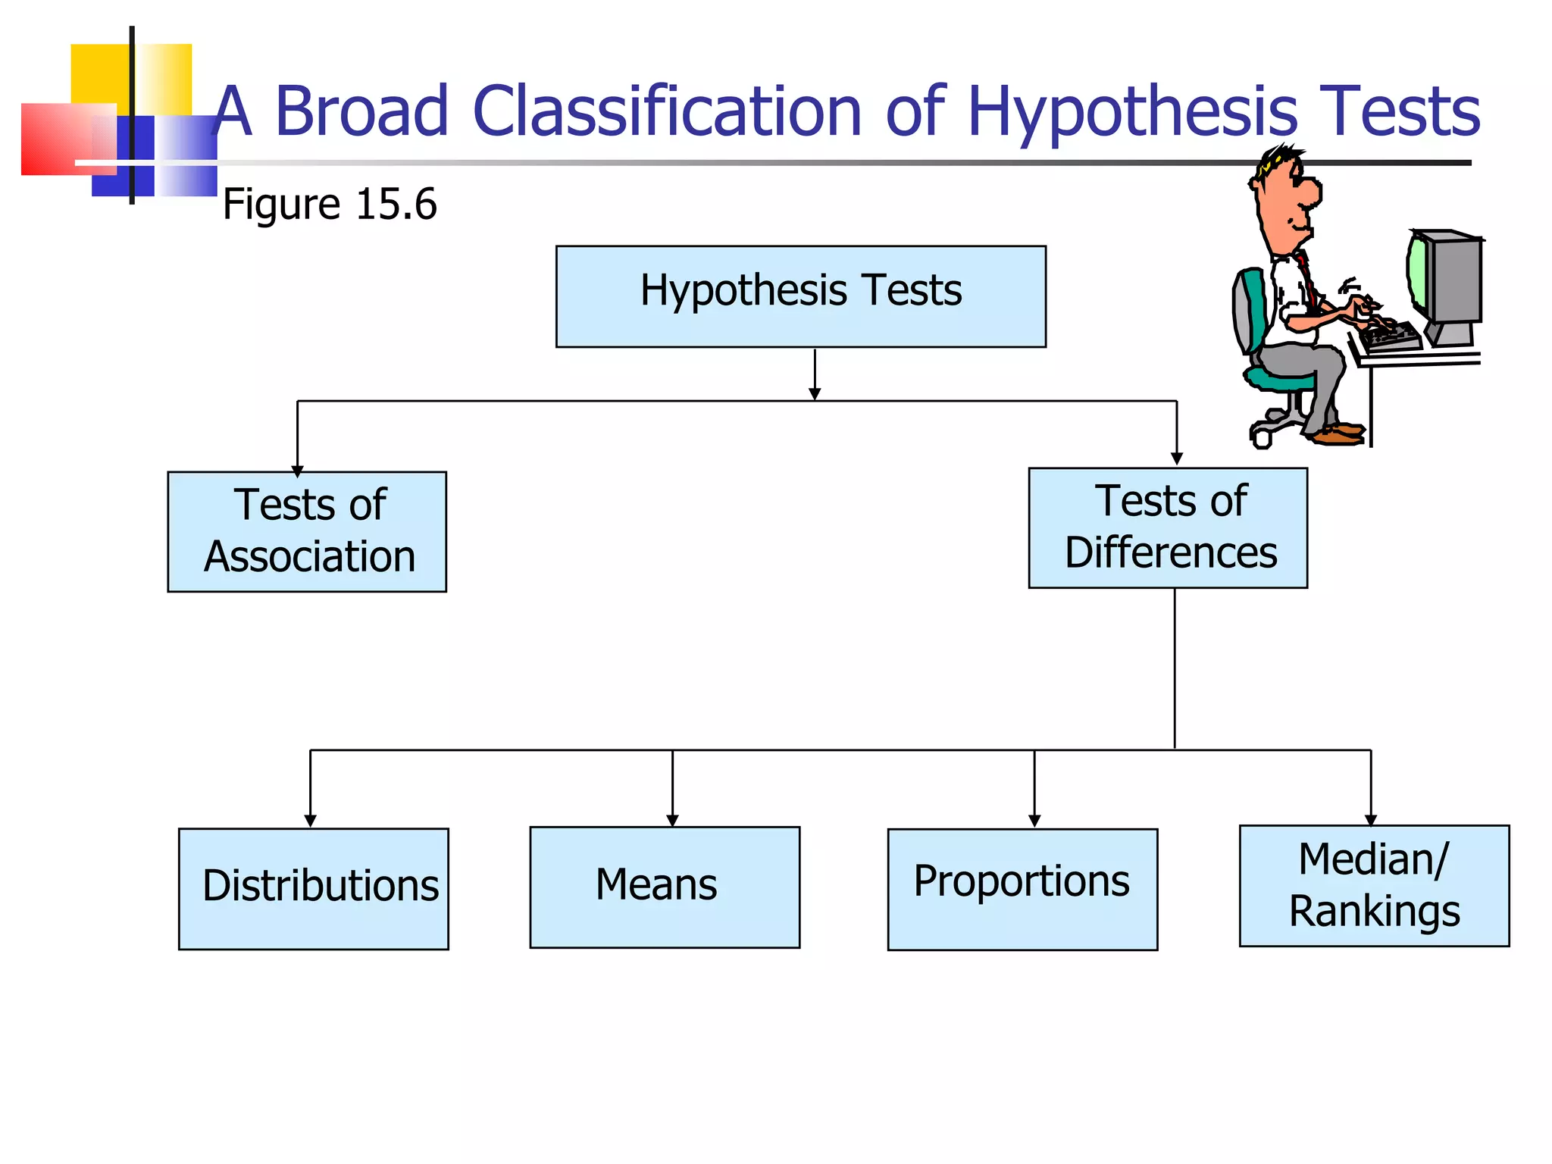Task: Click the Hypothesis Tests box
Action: [800, 296]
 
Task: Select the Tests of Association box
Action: [307, 531]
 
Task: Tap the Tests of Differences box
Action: [1167, 527]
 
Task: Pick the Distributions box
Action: [313, 888]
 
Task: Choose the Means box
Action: [664, 887]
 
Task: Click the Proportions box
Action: [1022, 889]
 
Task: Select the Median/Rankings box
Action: [1373, 885]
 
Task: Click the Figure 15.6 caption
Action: [330, 205]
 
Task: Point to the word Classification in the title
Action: [667, 111]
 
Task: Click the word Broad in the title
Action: [361, 111]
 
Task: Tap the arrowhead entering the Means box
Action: [672, 820]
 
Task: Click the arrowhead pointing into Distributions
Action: [310, 821]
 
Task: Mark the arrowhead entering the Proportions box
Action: [1034, 821]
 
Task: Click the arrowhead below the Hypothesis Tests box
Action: [815, 393]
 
